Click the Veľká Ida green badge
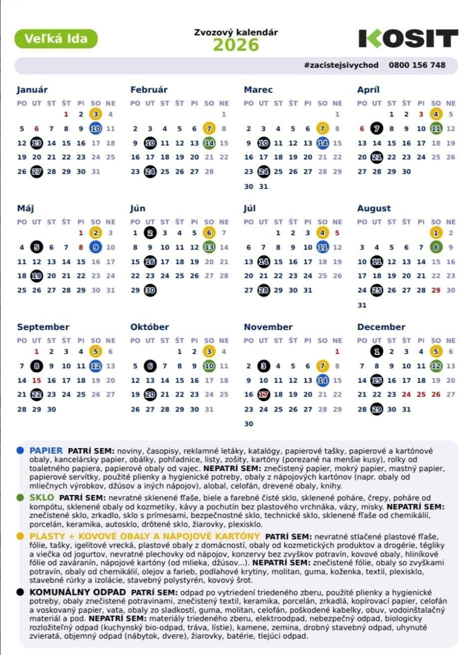point(56,39)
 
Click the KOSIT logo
point(408,39)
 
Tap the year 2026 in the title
point(236,45)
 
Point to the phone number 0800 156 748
point(417,65)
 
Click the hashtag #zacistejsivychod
point(341,65)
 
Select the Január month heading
point(33,90)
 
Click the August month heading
point(374,208)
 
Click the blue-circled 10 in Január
point(96,129)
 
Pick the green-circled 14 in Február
point(209,143)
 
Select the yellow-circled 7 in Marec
point(322,129)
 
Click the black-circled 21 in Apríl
point(376,157)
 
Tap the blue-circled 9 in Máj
point(96,248)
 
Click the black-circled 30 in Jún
point(150,290)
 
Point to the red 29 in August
point(436,290)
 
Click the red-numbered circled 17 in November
point(263,395)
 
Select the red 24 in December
point(406,395)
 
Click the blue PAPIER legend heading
point(46,451)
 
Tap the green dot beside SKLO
point(20,497)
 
